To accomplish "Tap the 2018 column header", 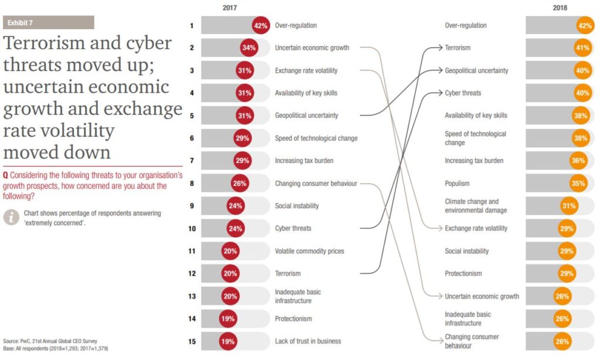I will tap(560, 8).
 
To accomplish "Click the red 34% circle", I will tap(249, 48).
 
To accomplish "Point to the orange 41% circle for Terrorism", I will tap(582, 48).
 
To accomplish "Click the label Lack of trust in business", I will tap(308, 341).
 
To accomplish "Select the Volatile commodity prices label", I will tap(309, 251).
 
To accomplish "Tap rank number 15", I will tap(192, 341).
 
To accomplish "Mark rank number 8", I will tap(192, 184).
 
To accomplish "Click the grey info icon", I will tap(11, 217).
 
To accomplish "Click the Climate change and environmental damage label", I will tap(472, 206).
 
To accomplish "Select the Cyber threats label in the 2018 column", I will tap(463, 93).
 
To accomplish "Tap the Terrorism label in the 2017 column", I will tap(287, 273).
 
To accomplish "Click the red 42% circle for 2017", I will tap(261, 26).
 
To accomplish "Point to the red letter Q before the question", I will tap(6, 175).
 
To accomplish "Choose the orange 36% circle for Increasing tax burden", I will tap(578, 161).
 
